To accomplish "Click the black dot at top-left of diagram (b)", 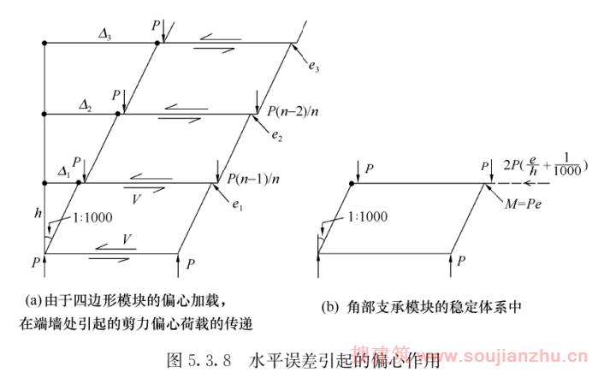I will [353, 183].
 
